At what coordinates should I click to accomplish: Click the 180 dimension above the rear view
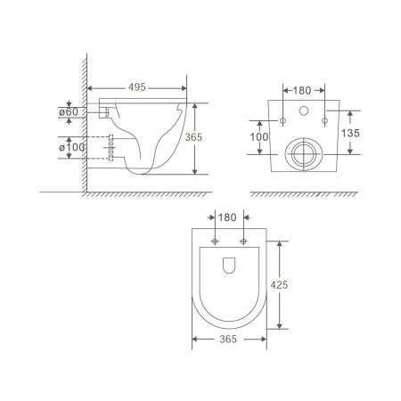pos(302,89)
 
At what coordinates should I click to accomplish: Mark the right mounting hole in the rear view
pos(325,119)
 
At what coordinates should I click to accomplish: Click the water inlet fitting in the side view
pos(105,112)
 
